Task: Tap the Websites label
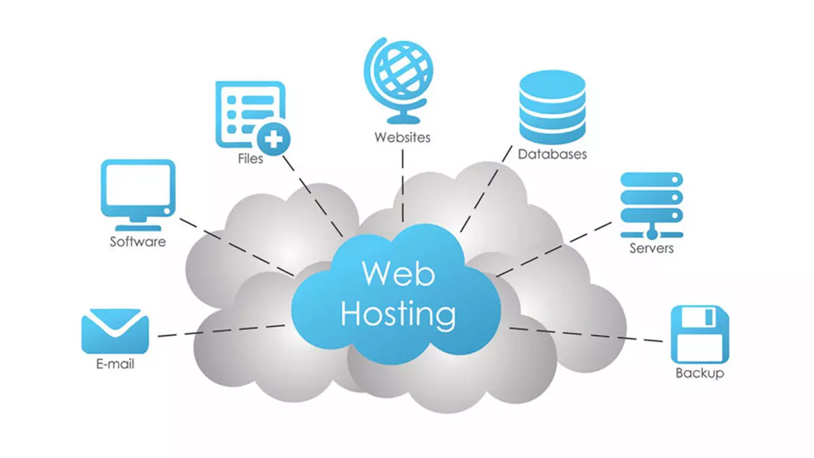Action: pyautogui.click(x=402, y=137)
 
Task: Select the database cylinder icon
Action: pyautogui.click(x=552, y=107)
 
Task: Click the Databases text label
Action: pyautogui.click(x=552, y=154)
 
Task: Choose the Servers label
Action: pyautogui.click(x=651, y=248)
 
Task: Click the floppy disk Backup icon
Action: pyautogui.click(x=700, y=334)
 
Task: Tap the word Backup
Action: pyautogui.click(x=700, y=373)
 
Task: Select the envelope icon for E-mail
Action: pyautogui.click(x=115, y=331)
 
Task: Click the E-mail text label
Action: pyautogui.click(x=115, y=364)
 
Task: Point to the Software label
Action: pyautogui.click(x=138, y=242)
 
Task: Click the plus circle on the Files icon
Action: pyautogui.click(x=274, y=139)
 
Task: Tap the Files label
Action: pyautogui.click(x=250, y=159)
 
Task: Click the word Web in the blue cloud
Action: pyautogui.click(x=398, y=274)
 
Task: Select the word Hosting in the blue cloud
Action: pyautogui.click(x=398, y=314)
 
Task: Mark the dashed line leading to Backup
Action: pyautogui.click(x=585, y=334)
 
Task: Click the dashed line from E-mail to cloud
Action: pyautogui.click(x=220, y=331)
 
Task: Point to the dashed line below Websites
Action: pyautogui.click(x=402, y=187)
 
